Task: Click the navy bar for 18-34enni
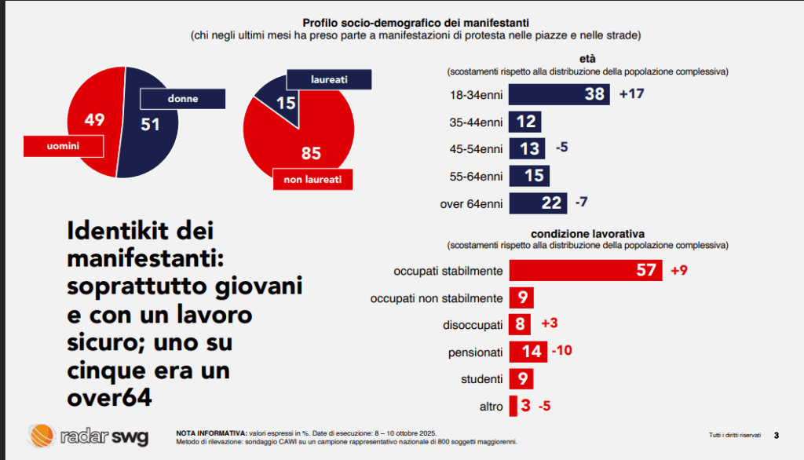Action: pos(559,94)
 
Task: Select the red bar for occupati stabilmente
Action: pos(586,271)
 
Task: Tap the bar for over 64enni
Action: pos(538,203)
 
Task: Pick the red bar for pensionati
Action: pos(528,351)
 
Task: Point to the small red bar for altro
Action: pos(513,406)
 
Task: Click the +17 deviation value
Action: pos(632,94)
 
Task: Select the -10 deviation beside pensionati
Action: pos(562,351)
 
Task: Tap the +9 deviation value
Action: pos(679,271)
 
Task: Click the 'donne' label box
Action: pos(182,99)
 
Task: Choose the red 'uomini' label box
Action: pos(63,146)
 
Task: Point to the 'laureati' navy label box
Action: pos(328,79)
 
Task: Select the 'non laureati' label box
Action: pos(312,179)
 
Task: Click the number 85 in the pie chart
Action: pos(312,153)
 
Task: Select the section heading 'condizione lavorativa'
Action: pos(588,234)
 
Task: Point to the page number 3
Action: pos(776,435)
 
